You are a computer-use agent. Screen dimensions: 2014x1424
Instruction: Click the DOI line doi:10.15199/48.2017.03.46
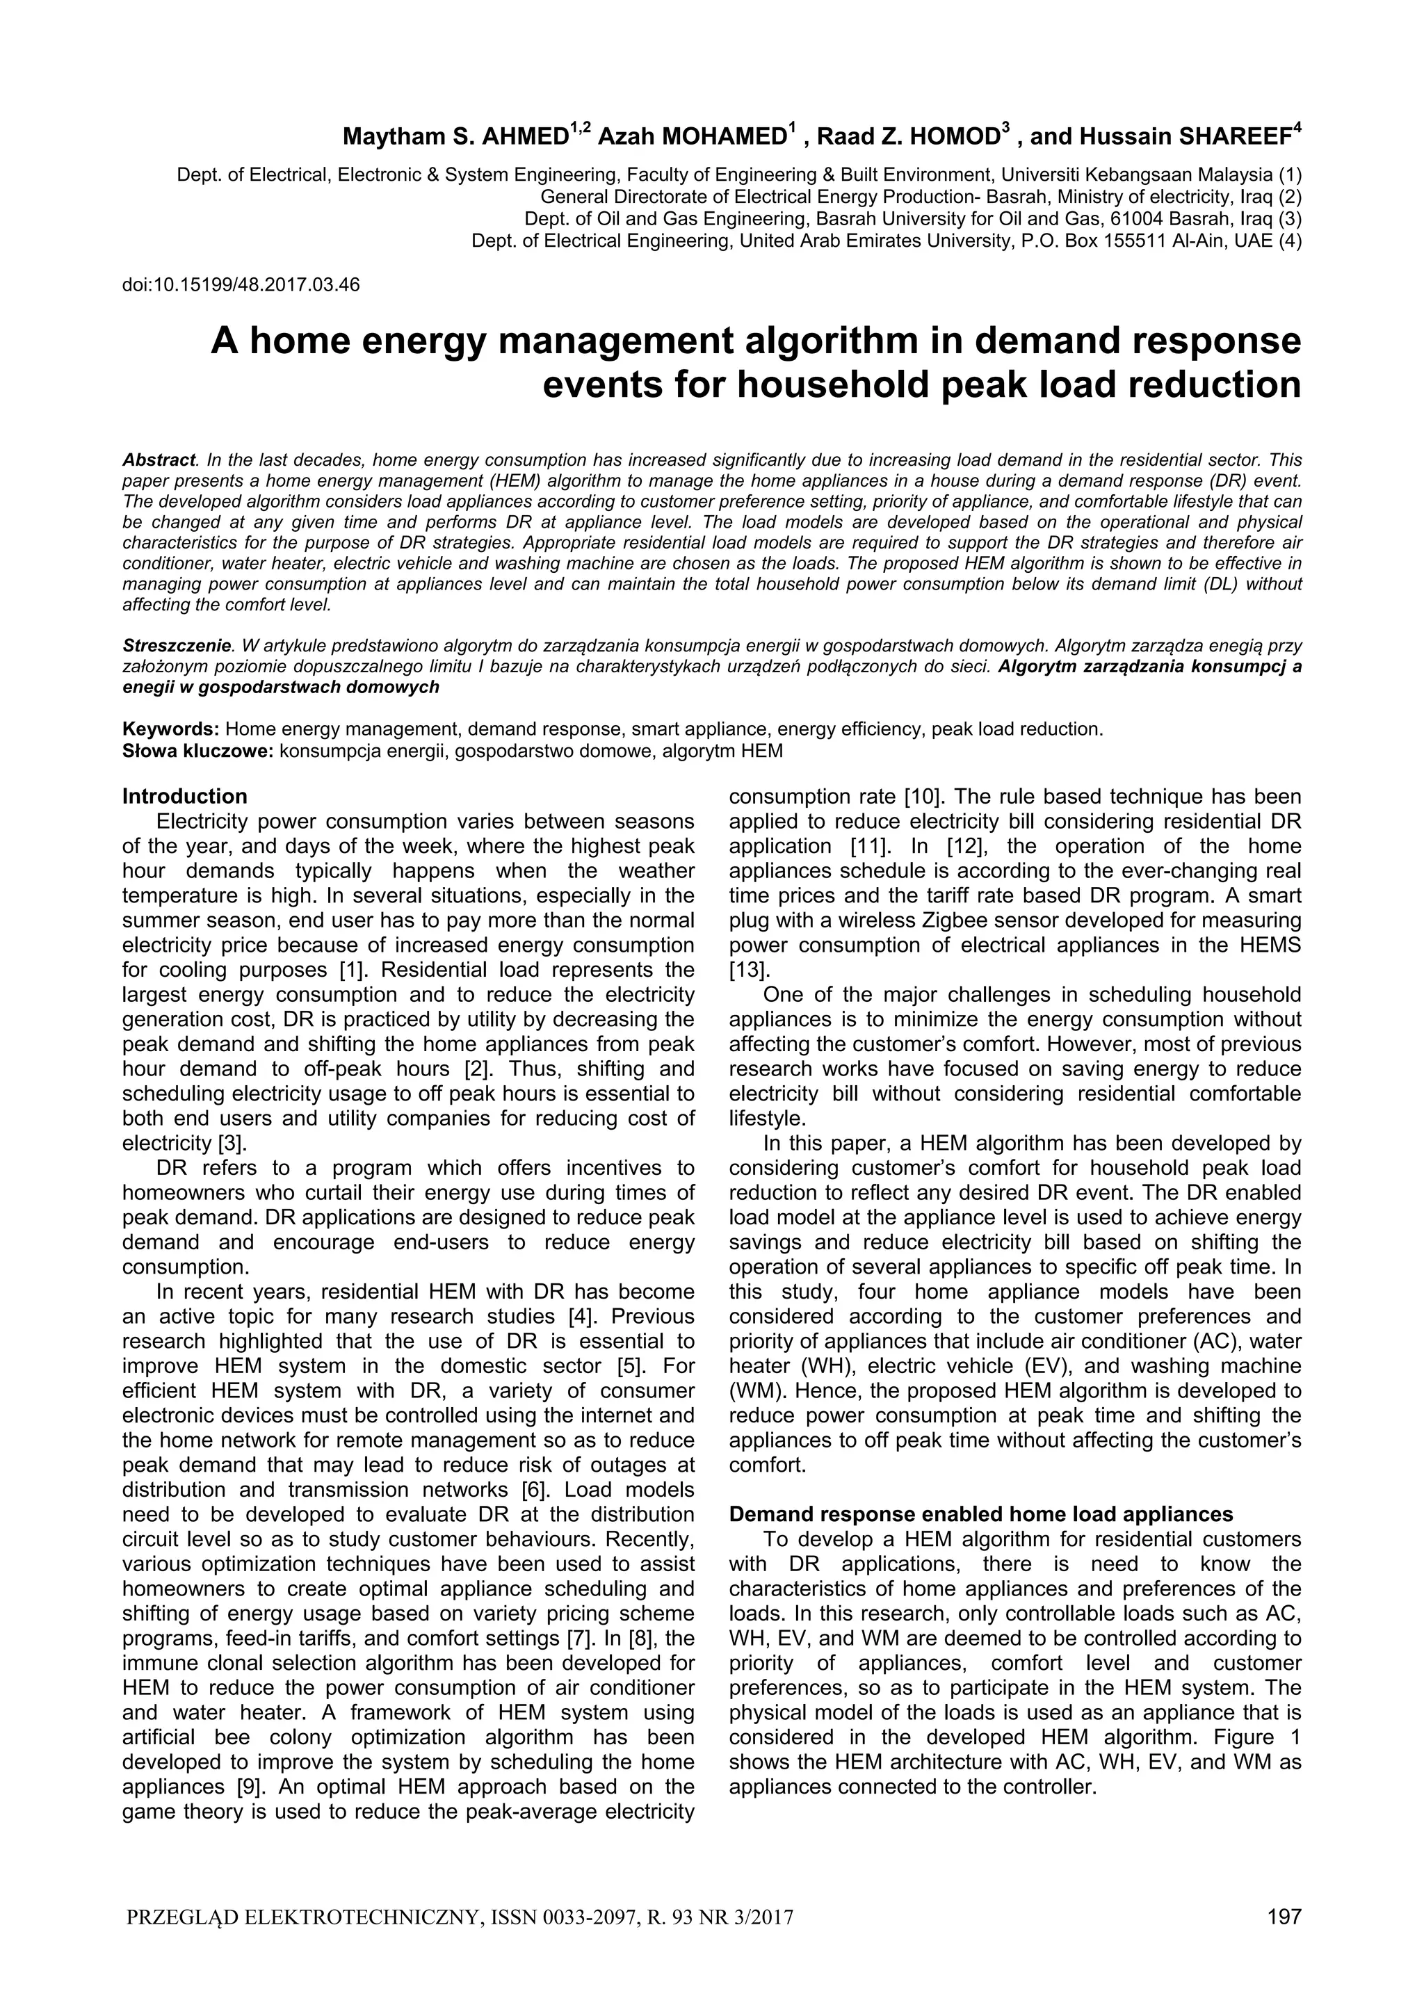(241, 285)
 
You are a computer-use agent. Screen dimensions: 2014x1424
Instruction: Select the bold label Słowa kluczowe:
(198, 751)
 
